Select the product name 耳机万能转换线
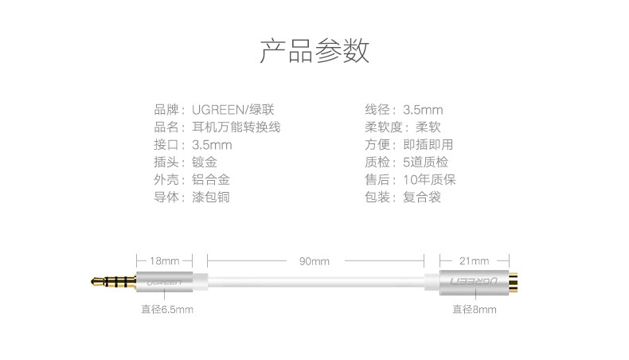click(236, 127)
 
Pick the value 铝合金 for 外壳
click(211, 179)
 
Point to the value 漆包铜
click(211, 197)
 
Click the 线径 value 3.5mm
click(423, 109)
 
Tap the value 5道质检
click(426, 162)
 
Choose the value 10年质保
click(430, 179)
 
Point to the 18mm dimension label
click(165, 260)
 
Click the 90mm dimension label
click(314, 260)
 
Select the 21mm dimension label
click(475, 260)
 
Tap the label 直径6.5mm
click(167, 309)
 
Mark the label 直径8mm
click(475, 309)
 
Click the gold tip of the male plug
click(96, 281)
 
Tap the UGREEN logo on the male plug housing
click(160, 281)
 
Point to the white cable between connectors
click(314, 281)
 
